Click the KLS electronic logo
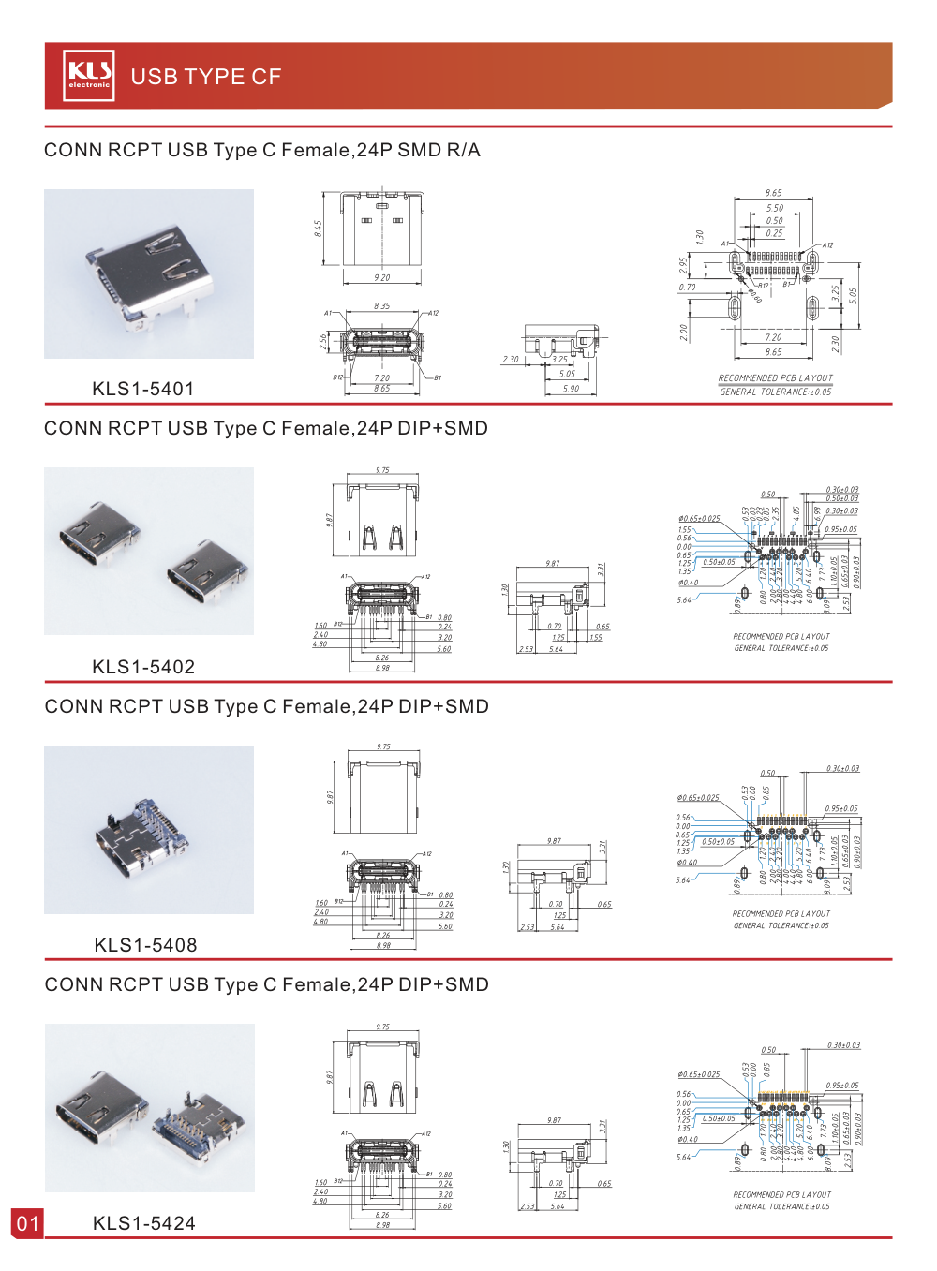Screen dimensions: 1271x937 89,75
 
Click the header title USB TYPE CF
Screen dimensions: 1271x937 205,77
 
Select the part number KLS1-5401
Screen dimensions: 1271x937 143,389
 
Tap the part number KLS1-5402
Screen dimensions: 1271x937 143,667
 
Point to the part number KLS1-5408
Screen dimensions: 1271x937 145,945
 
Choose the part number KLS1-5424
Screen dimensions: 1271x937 144,1223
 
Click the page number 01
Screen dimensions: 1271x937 27,1223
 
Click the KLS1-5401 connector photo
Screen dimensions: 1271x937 149,273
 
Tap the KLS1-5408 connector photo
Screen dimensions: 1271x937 149,829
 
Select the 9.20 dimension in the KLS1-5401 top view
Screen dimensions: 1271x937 381,278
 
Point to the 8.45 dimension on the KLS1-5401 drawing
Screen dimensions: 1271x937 319,228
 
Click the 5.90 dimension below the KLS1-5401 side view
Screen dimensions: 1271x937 571,389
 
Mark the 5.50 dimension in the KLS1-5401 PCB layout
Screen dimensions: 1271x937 775,209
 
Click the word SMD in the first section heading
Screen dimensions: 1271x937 419,150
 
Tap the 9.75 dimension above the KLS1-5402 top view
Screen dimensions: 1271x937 382,471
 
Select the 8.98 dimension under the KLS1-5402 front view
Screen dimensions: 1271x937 382,668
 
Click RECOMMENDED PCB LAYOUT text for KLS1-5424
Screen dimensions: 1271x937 781,1195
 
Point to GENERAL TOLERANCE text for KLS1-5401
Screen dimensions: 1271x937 775,392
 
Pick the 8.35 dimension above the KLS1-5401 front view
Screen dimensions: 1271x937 381,306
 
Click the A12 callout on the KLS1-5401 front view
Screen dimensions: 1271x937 433,314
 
